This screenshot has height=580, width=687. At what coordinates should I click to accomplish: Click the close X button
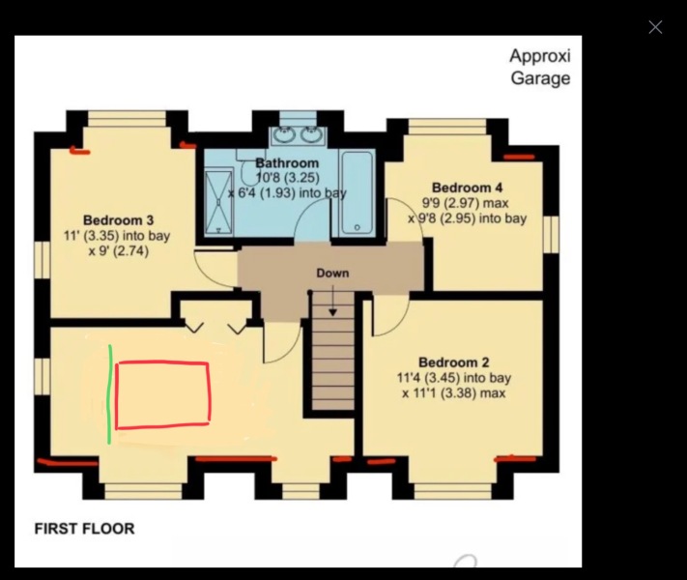pos(655,27)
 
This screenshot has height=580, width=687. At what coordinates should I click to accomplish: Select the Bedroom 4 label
pos(467,188)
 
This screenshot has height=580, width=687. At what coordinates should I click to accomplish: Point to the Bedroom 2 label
pos(454,362)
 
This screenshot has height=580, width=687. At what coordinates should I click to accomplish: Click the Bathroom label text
pos(287,163)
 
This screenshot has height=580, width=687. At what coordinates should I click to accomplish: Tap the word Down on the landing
pos(332,274)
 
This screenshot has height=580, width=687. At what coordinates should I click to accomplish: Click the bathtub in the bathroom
pos(357,193)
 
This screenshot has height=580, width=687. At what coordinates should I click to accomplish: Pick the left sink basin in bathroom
pos(286,134)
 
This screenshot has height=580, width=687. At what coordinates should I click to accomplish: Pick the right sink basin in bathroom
pos(311,134)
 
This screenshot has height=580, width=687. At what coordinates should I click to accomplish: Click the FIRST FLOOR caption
pos(84,529)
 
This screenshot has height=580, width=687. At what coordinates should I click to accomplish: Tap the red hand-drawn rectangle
pos(162,394)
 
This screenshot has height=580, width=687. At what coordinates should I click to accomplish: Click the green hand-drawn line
pos(109,393)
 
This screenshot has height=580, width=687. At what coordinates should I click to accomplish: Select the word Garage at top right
pos(540,79)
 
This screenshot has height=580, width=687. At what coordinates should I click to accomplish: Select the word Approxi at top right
pos(540,55)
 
